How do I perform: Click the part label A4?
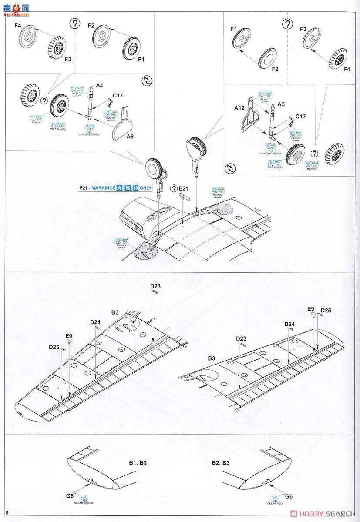(99, 86)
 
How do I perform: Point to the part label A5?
(281, 104)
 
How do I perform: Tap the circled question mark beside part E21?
(174, 188)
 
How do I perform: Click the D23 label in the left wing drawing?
(155, 286)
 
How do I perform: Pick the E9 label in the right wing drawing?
(310, 309)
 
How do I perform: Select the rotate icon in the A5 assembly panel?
(229, 168)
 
